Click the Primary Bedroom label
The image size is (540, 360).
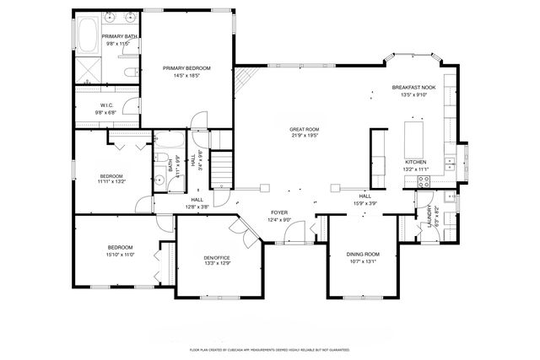pos(186,67)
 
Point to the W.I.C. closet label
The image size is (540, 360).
pos(105,104)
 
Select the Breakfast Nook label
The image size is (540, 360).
pos(413,88)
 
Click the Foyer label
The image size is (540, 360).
pos(280,212)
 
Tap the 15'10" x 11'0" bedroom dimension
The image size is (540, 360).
pos(121,255)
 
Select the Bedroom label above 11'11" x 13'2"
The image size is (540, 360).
pos(111,176)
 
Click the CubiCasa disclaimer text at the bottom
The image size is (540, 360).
pos(270,347)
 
